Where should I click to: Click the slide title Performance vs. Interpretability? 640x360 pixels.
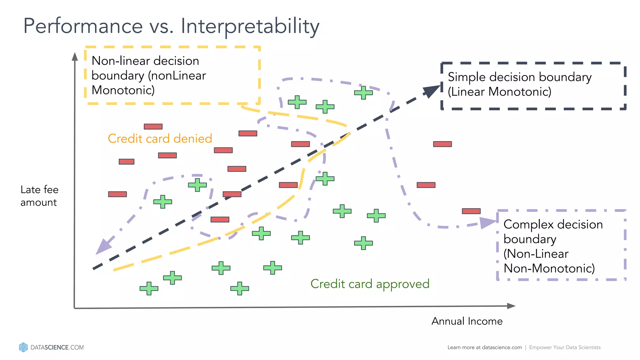[x=171, y=26]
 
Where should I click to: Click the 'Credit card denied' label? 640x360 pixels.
[x=160, y=138]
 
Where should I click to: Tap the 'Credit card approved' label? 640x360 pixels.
[x=370, y=284]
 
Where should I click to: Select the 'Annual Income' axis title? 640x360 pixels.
[x=467, y=321]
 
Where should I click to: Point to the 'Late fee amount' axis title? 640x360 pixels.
[x=39, y=196]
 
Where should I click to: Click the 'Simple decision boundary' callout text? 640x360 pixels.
[x=519, y=84]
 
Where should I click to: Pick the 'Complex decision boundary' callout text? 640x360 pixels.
[x=552, y=246]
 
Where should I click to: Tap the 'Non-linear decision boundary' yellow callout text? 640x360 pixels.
[x=149, y=75]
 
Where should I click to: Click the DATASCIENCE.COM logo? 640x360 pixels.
[x=52, y=347]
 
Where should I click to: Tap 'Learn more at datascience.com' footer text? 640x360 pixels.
[x=484, y=347]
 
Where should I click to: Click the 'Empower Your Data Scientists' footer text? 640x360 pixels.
[x=565, y=347]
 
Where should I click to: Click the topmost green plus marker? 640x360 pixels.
[x=363, y=92]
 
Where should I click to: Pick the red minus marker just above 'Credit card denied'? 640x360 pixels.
[x=153, y=127]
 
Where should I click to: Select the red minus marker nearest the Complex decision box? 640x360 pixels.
[x=471, y=211]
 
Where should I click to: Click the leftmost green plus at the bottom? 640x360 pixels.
[x=149, y=288]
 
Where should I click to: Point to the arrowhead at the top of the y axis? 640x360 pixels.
[x=75, y=57]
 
